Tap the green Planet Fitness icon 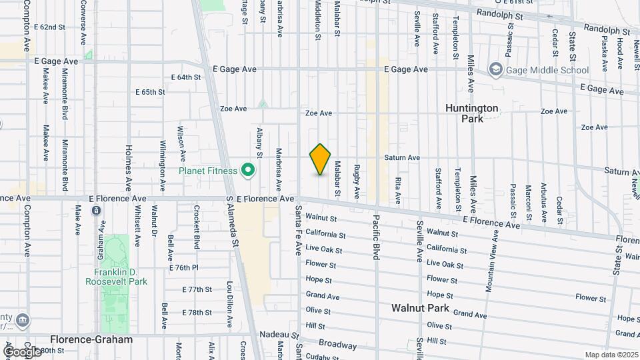[x=249, y=171]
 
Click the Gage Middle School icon [x=495, y=69]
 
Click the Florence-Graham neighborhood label [x=91, y=339]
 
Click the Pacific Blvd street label [x=376, y=237]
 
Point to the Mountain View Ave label [x=493, y=261]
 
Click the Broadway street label [x=338, y=345]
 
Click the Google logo [x=21, y=351]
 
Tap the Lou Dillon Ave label [x=229, y=303]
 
